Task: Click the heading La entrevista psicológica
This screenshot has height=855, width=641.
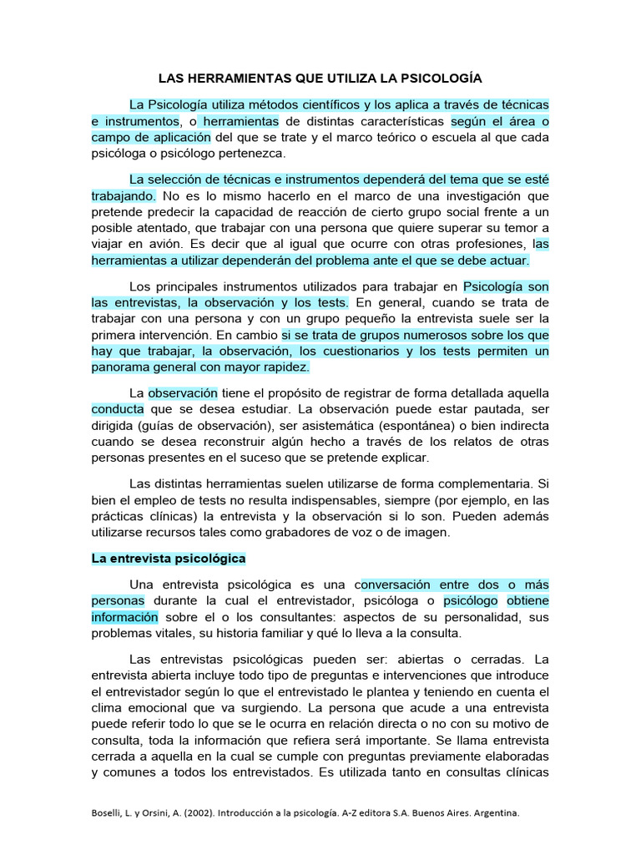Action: (x=169, y=558)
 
